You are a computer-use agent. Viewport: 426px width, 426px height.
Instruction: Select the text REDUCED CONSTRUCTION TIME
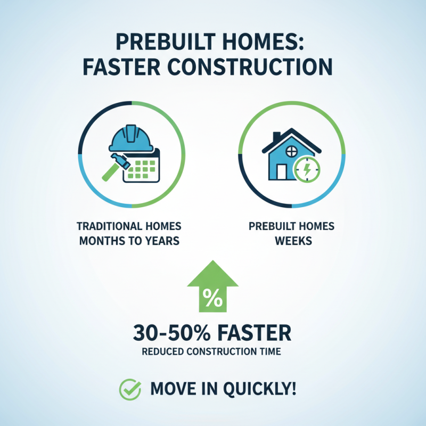coord(212,353)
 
